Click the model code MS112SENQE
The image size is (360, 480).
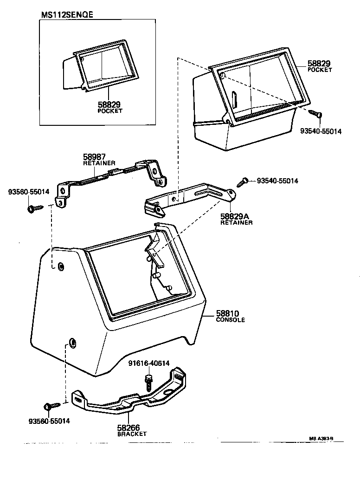pos(67,14)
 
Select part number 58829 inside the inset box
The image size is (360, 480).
pos(109,105)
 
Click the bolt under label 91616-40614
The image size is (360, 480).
pos(149,381)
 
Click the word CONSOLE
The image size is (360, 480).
pos(231,320)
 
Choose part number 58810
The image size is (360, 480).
pos(227,314)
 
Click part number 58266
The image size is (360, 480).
pos(129,428)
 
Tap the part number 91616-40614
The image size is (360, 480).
pos(149,363)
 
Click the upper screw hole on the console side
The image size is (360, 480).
pos(61,266)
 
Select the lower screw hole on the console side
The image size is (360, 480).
pos(72,343)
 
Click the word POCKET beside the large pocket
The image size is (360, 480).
pos(320,70)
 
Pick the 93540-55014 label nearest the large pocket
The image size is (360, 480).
pos(320,131)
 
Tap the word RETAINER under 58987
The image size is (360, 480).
pos(99,163)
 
